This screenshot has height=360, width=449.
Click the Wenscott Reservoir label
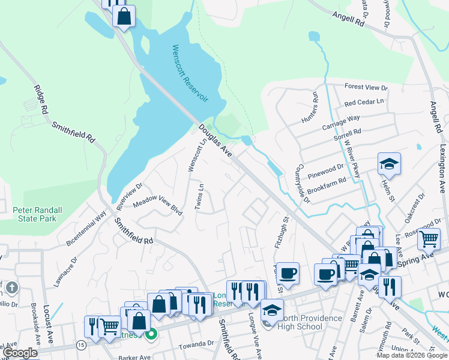[189, 73]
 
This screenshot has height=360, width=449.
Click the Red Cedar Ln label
[364, 103]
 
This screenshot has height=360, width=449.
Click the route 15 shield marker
[81, 344]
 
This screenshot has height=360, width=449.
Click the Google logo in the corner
[20, 353]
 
